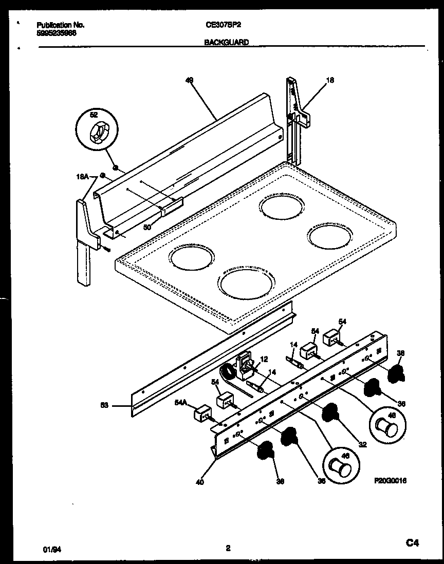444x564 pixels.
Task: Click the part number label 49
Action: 189,80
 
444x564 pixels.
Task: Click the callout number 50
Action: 147,227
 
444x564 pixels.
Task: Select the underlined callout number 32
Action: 362,444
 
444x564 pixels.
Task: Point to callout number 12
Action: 264,359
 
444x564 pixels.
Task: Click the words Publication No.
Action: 61,25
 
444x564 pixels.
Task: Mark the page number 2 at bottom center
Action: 228,548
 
